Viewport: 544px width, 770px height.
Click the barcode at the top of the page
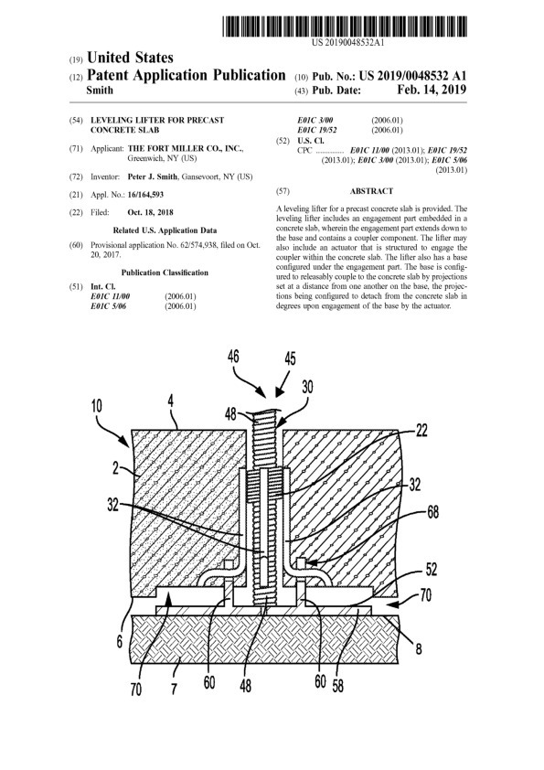tap(345, 26)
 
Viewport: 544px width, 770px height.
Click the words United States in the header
tap(130, 58)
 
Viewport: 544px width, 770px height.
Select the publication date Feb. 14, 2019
tap(432, 90)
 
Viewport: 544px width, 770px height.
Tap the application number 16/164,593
tap(145, 195)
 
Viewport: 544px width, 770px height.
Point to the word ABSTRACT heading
tap(372, 191)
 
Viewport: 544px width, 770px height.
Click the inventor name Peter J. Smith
tap(152, 176)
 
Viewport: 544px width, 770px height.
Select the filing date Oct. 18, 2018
tap(150, 213)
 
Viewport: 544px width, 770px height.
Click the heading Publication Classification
tap(165, 273)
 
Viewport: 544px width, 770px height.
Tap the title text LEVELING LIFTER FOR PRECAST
tap(157, 120)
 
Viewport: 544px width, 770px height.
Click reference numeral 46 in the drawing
tap(233, 356)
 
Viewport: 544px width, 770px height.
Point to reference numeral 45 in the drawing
tap(290, 358)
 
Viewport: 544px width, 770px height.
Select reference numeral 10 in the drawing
tap(97, 406)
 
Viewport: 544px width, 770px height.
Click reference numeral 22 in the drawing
tap(421, 431)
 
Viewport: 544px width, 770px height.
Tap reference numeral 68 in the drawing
tap(433, 512)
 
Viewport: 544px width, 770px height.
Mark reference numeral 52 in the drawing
tap(431, 569)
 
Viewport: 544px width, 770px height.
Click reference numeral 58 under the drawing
tap(337, 685)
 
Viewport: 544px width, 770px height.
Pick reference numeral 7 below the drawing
tap(174, 689)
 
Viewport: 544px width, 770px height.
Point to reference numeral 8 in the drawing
tap(419, 648)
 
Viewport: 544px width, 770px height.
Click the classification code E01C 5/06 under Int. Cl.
tap(108, 306)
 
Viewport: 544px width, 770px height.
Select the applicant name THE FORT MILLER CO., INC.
tap(186, 148)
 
